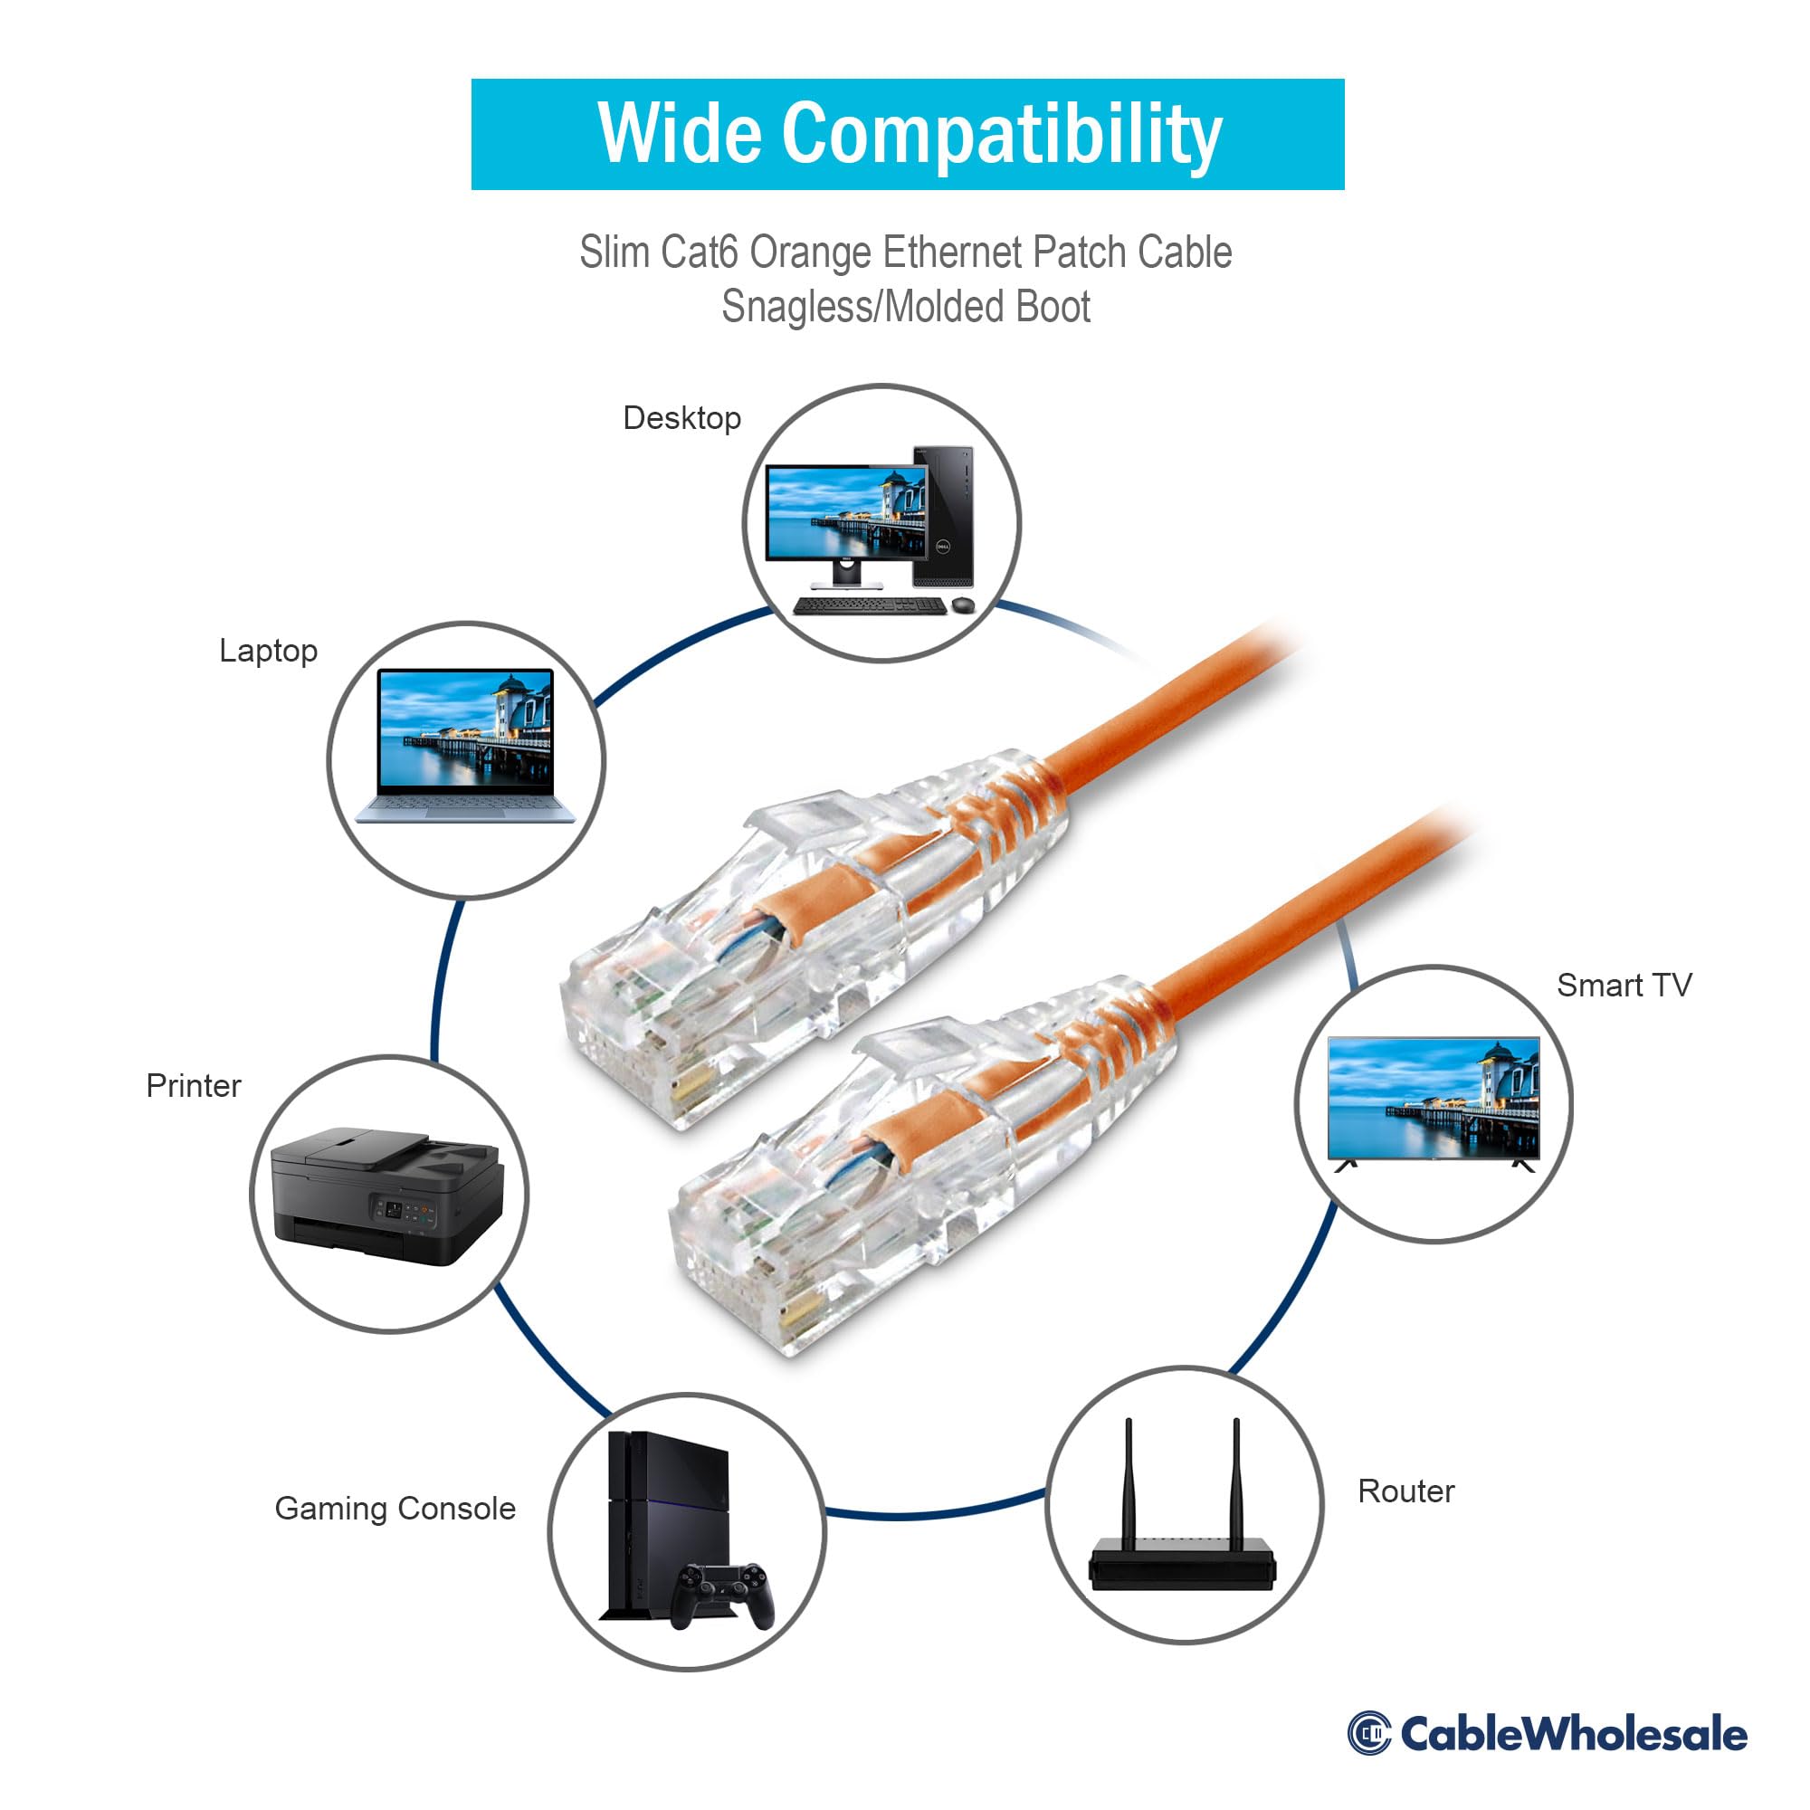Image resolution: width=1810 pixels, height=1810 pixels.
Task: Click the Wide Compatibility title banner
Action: (x=907, y=134)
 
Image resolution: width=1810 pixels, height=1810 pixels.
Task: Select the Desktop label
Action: (x=681, y=418)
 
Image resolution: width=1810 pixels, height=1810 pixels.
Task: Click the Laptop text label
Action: (x=268, y=650)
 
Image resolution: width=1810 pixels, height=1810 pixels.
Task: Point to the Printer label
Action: (x=193, y=1085)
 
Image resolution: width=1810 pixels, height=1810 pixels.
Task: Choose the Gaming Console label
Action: (x=395, y=1508)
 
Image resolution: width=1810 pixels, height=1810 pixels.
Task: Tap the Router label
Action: (x=1405, y=1491)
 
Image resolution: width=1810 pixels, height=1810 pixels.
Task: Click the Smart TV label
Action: (x=1624, y=985)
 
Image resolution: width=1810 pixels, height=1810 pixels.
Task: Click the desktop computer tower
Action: (x=942, y=515)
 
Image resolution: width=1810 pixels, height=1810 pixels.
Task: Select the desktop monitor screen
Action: (x=844, y=512)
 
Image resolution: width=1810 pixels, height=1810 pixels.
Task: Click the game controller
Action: (x=726, y=1593)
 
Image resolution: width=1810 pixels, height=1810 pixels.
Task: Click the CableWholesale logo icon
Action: (x=1368, y=1732)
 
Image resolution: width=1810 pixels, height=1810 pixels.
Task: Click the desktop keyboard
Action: (x=869, y=605)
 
